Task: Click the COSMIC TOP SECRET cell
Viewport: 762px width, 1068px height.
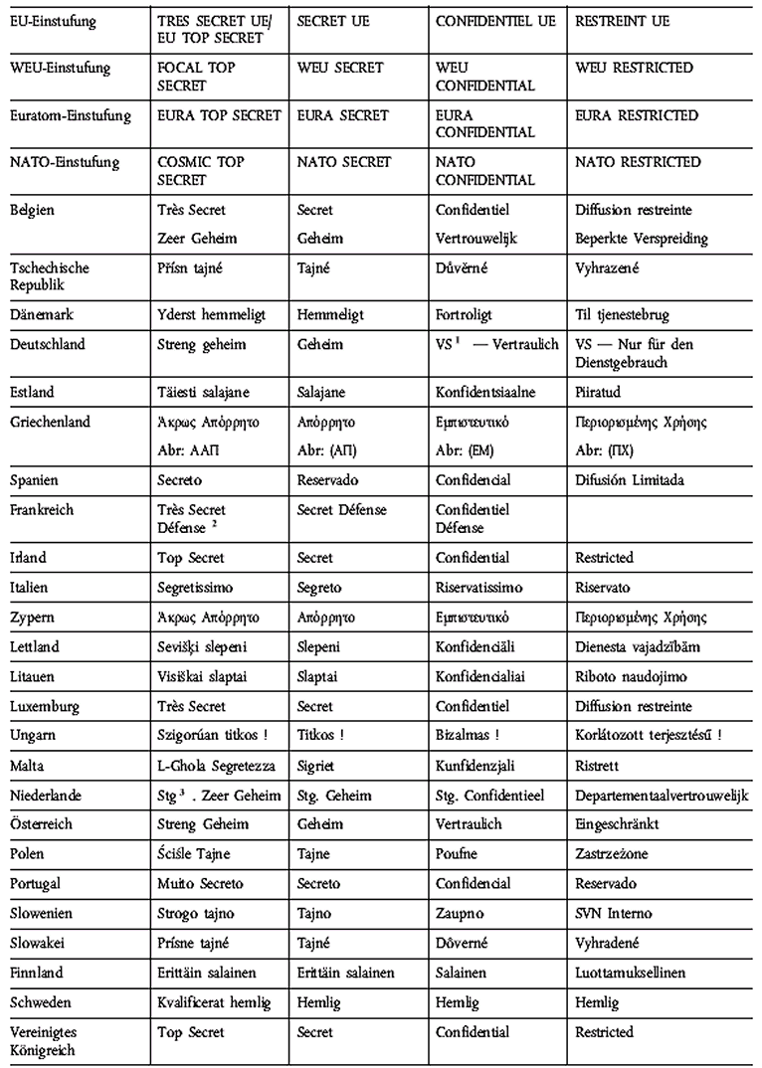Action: [200, 171]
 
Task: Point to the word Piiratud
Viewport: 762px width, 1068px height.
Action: [601, 392]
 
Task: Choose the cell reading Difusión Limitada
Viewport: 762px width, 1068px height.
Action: [629, 480]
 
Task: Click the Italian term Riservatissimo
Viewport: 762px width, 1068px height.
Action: [479, 588]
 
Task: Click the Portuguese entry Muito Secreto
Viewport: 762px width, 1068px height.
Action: [203, 884]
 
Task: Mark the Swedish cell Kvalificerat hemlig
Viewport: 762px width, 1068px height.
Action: [214, 1003]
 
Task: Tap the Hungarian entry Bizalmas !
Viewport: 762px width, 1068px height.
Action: [468, 736]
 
